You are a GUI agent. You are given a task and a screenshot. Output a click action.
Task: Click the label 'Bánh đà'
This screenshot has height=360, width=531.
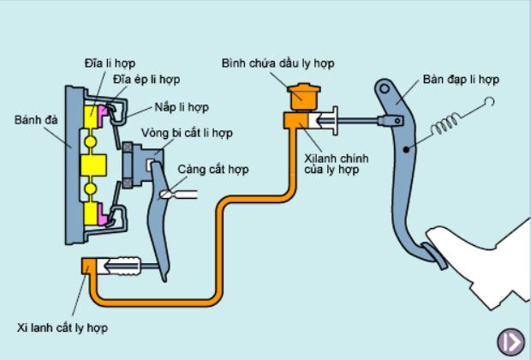35,120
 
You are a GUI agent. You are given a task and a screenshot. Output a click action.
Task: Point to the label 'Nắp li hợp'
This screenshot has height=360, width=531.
182,107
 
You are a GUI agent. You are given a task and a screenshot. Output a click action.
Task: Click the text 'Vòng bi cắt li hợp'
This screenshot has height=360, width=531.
187,134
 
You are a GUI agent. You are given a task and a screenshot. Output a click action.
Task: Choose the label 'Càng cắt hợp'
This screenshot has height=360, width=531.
213,170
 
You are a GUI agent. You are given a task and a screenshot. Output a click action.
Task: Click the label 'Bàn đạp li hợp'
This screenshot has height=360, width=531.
461,80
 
